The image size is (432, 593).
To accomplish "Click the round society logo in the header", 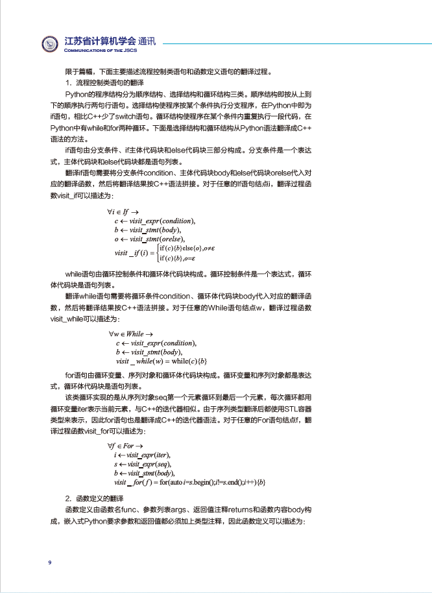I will pos(51,45).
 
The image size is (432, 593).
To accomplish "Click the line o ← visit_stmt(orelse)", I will pos(150,239).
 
